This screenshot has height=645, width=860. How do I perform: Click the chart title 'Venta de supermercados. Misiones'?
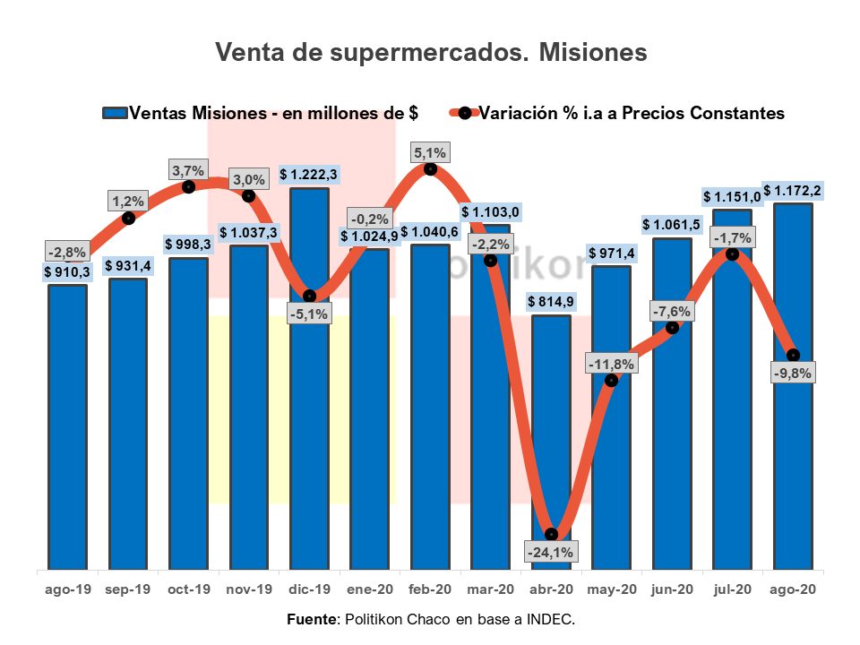430,53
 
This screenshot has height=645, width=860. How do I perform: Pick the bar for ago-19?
67,430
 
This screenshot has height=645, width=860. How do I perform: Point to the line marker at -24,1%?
551,534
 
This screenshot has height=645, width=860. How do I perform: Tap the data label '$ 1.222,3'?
309,174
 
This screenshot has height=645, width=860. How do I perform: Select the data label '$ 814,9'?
551,300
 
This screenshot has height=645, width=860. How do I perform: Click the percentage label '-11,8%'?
611,364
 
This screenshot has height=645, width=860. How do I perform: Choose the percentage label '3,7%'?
189,169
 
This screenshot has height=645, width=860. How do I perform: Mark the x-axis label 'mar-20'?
491,590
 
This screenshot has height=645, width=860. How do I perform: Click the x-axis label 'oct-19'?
189,590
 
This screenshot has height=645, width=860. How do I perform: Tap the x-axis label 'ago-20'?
793,590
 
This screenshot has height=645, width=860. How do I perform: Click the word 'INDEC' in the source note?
549,620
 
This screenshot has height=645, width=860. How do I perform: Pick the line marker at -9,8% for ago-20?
793,356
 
